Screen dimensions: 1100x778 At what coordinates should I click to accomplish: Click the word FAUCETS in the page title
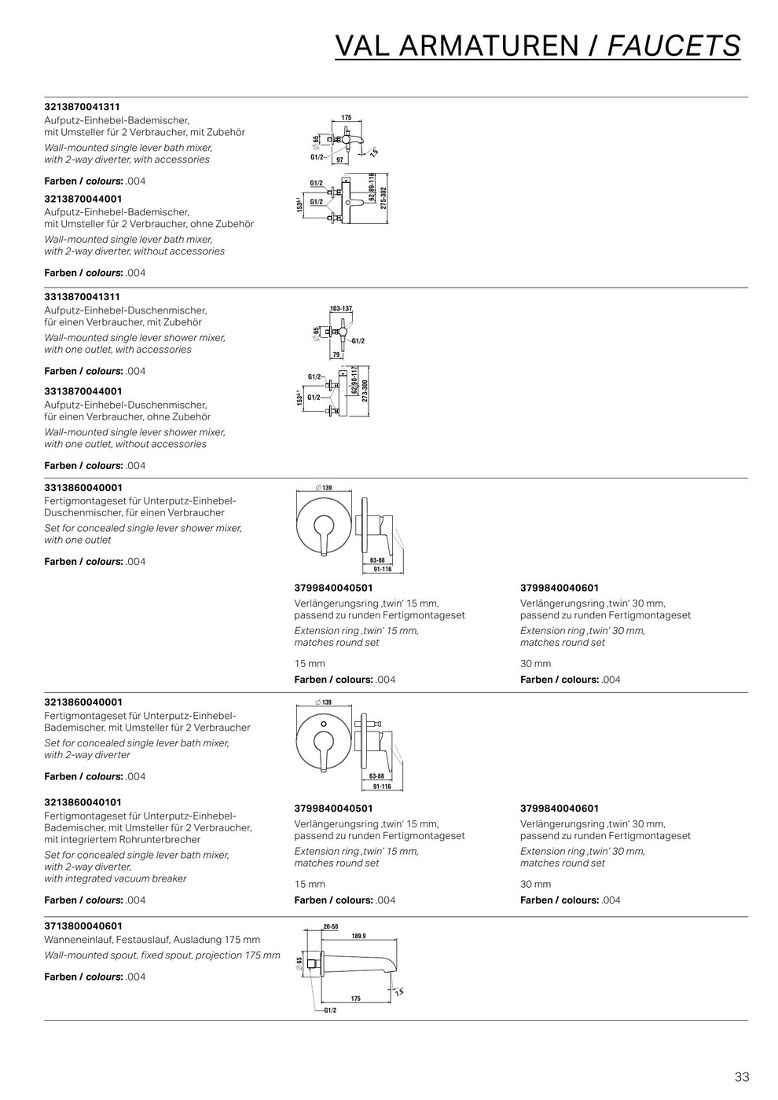674,46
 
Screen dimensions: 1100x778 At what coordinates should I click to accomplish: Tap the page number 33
741,1076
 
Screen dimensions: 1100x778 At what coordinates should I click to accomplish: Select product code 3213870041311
82,106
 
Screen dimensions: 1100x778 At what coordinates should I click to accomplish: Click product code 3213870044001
83,199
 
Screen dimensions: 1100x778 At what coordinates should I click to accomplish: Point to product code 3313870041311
82,297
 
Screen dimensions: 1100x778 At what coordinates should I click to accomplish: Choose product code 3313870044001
83,390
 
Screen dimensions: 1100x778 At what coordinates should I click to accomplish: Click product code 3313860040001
83,487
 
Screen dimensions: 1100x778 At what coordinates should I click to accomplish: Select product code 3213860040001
83,702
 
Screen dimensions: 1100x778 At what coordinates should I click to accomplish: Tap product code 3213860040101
83,802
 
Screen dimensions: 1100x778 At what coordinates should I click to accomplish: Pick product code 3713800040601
83,926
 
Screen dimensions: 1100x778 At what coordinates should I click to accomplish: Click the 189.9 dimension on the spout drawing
358,936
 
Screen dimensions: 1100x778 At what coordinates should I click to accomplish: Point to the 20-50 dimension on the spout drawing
330,926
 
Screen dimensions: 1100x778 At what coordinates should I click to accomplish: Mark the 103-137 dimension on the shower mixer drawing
340,309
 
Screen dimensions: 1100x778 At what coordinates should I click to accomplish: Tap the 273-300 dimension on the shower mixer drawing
365,390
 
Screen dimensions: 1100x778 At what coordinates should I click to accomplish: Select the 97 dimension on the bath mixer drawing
340,159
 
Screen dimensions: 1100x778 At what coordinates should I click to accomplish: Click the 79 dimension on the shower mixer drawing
336,355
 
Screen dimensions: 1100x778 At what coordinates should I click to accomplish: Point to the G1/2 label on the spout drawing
330,1010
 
